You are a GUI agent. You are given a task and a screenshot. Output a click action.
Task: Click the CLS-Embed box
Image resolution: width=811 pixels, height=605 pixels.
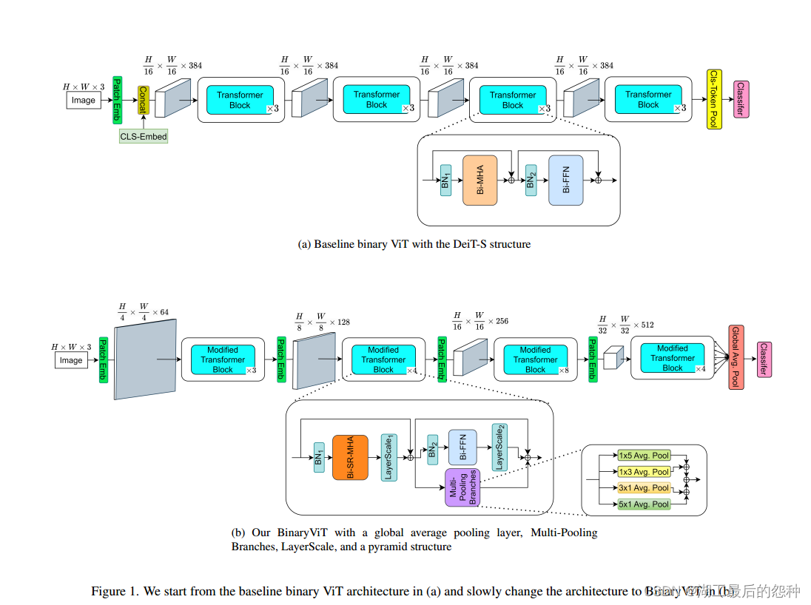144,136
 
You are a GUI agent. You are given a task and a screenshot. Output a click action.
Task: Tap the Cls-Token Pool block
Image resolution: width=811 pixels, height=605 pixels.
713,99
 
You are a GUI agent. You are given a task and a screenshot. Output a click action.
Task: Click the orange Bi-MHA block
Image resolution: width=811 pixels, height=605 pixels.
479,180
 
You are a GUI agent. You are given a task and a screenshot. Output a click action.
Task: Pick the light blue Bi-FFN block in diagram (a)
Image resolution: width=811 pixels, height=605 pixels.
565,180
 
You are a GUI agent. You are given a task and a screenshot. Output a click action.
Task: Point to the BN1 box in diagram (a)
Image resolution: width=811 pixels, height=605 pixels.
445,180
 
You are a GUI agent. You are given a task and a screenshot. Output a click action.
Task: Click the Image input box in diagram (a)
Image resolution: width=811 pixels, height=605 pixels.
84,100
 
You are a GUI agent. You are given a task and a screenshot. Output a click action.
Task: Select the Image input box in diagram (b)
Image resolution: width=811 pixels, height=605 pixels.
71,360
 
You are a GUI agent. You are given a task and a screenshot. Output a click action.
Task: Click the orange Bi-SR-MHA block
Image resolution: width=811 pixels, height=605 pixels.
350,458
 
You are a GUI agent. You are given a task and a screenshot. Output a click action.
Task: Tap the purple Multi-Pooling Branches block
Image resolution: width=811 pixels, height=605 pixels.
462,487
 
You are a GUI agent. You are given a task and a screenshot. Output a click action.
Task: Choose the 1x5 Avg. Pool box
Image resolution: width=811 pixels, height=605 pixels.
644,456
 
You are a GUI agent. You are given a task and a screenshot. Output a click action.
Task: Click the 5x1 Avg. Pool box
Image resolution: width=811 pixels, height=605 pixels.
644,504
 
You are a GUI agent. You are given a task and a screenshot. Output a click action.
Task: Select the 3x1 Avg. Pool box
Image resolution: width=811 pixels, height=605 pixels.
644,488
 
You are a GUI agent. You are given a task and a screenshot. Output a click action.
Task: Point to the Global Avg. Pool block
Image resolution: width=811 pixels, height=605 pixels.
736,356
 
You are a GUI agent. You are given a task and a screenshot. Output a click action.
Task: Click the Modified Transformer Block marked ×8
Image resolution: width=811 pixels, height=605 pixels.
535,359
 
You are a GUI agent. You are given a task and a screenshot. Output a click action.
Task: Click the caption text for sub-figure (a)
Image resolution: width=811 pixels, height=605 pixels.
414,243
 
